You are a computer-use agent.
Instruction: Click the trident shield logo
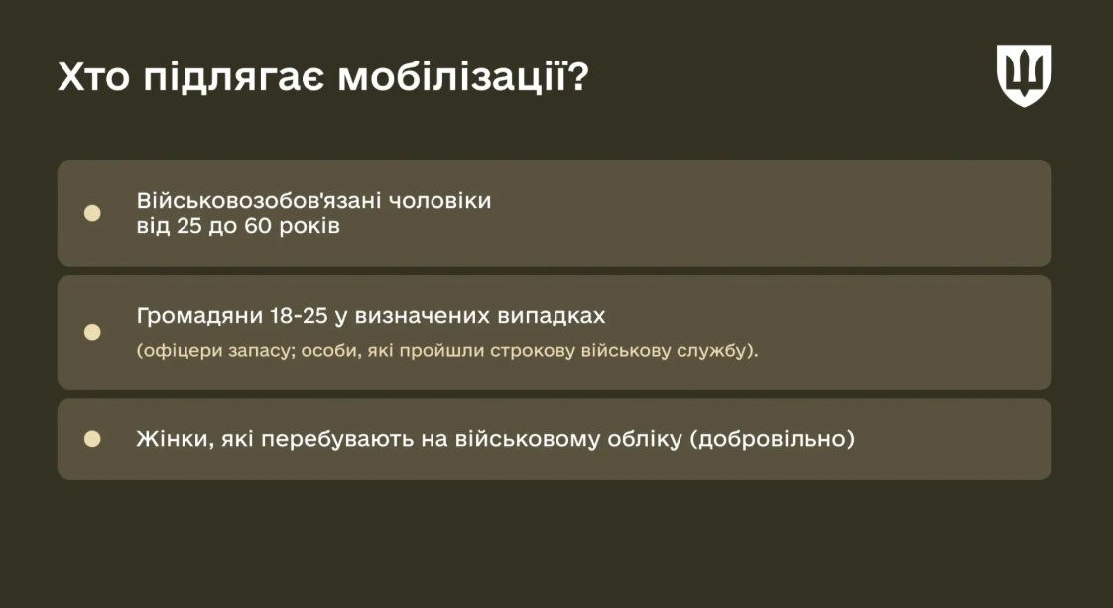(1024, 75)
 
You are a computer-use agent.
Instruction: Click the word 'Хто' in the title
(93, 77)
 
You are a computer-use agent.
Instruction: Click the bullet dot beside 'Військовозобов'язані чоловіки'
(92, 213)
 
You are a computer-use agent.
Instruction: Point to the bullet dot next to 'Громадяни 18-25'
(92, 332)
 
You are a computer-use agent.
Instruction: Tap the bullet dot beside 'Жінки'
(92, 439)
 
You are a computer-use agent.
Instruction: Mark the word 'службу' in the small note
(712, 350)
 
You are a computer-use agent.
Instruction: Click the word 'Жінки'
(176, 439)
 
